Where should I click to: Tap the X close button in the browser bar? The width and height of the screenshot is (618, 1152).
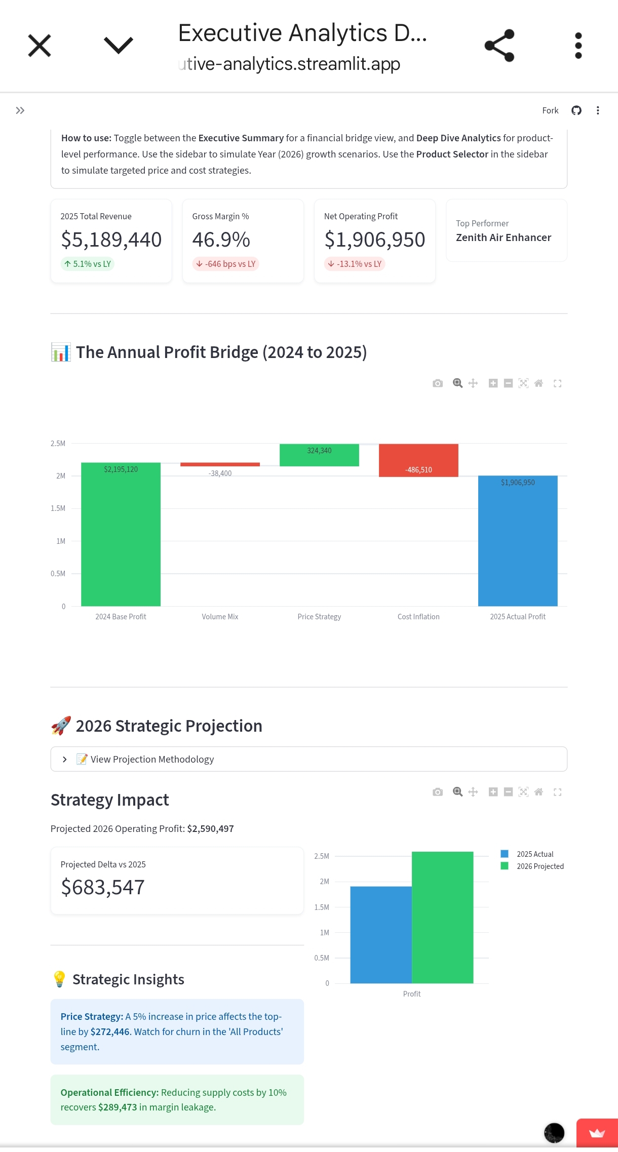(x=40, y=46)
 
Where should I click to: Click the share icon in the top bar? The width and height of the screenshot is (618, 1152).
(x=499, y=46)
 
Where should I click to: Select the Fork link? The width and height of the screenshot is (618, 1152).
(x=550, y=110)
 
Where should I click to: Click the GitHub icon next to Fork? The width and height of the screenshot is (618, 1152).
(x=576, y=110)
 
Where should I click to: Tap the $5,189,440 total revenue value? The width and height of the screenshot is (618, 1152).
(x=111, y=240)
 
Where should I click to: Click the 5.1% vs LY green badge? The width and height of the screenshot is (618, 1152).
(x=88, y=264)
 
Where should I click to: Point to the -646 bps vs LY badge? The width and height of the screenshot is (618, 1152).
(x=226, y=264)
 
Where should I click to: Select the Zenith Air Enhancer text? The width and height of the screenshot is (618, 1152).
(x=503, y=237)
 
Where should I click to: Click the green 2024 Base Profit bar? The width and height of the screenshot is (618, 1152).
(x=121, y=537)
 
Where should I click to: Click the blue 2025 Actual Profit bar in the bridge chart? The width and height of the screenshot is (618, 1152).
(x=518, y=542)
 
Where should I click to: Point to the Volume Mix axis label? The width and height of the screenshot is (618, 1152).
(x=220, y=617)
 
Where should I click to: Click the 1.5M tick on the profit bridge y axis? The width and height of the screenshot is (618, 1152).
(x=58, y=508)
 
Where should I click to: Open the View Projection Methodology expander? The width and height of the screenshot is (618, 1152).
(x=152, y=759)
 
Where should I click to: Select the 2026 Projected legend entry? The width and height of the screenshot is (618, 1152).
(x=539, y=866)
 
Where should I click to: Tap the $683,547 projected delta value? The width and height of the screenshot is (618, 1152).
(x=103, y=887)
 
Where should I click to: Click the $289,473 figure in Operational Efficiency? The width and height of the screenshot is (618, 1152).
(x=118, y=1107)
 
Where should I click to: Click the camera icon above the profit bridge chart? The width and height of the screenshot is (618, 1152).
(x=438, y=383)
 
